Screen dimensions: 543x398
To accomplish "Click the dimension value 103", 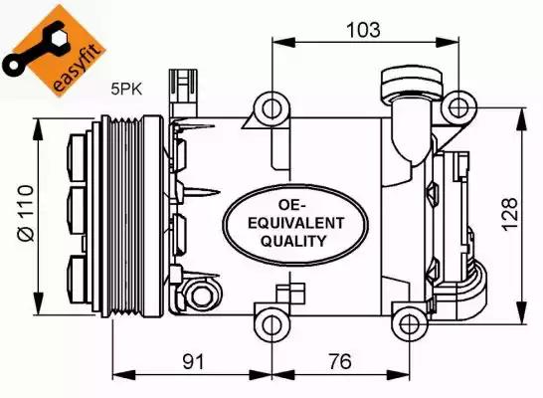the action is click(363, 30).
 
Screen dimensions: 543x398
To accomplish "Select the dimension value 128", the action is click(510, 214).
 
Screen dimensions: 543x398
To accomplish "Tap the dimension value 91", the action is click(194, 361).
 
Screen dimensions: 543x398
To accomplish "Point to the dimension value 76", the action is click(340, 361).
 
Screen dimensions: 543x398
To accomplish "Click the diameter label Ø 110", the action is click(27, 213).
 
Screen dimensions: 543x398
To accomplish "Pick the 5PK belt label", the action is click(126, 90).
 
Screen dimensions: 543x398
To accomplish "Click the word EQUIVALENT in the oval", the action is click(296, 224).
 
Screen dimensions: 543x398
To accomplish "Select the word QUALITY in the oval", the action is click(293, 241).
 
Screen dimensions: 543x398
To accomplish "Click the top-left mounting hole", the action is click(271, 109).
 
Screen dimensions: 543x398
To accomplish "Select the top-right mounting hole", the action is click(458, 107).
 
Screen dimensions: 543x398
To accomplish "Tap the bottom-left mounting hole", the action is click(271, 324).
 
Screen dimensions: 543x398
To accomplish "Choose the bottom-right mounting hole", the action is click(410, 324).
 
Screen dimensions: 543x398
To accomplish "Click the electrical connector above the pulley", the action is click(183, 93).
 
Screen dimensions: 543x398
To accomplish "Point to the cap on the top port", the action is click(412, 85).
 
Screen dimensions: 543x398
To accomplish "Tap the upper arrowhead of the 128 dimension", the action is click(522, 119).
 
